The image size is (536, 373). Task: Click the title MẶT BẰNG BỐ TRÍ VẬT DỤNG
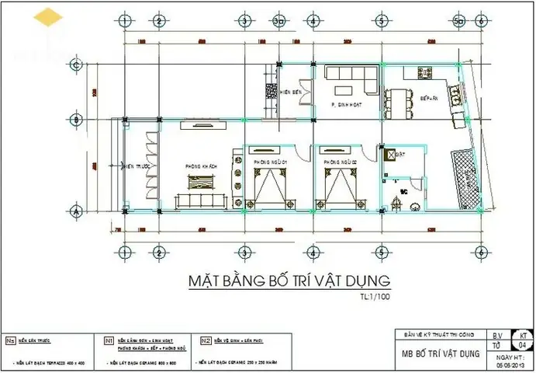tap(289, 280)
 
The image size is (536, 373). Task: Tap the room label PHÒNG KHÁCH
tap(200, 166)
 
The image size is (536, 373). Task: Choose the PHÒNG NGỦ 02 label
tap(341, 162)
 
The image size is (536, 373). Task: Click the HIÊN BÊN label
tap(291, 90)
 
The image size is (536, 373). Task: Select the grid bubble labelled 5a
tap(458, 21)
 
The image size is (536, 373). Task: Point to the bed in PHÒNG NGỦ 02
tap(339, 188)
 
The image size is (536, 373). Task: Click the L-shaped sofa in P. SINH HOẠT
tap(351, 78)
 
